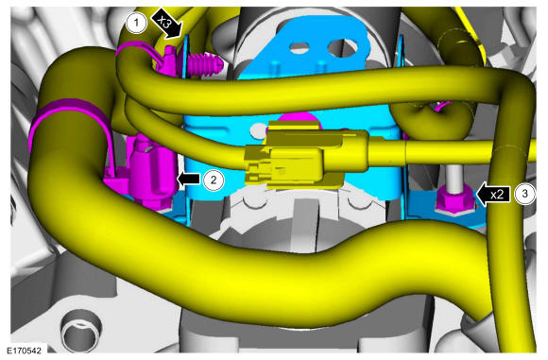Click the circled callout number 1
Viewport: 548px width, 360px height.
[136, 23]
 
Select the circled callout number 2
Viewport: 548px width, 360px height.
[214, 180]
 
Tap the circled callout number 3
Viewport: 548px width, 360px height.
[524, 194]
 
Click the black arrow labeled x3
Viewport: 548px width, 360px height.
[167, 24]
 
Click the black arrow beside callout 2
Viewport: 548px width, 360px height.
[189, 179]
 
